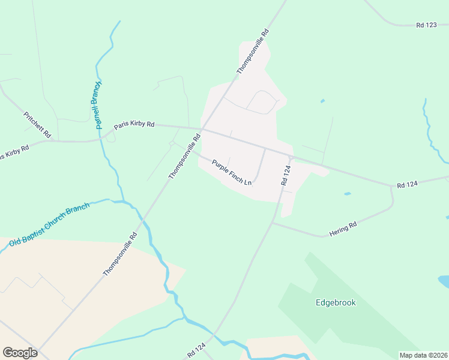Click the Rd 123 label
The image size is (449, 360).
click(x=428, y=25)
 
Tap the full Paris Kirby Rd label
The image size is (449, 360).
click(x=134, y=125)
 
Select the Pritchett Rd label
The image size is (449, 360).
click(x=37, y=125)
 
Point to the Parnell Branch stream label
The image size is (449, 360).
click(x=95, y=106)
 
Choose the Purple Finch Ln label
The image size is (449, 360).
click(x=231, y=171)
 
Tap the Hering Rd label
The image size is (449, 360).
click(x=343, y=227)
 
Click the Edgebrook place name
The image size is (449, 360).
click(x=336, y=302)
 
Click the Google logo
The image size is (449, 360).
click(x=20, y=353)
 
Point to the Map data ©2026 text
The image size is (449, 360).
click(x=423, y=355)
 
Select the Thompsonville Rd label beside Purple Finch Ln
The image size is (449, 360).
click(x=184, y=156)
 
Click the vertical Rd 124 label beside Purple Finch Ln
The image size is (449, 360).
click(x=286, y=175)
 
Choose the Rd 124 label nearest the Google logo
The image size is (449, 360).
click(x=196, y=347)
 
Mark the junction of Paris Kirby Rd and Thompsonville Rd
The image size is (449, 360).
click(x=203, y=129)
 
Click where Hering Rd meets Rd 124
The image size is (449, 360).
click(x=273, y=223)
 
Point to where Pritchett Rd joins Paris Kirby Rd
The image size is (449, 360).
click(x=53, y=141)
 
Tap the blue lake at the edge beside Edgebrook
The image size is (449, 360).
click(x=444, y=281)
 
